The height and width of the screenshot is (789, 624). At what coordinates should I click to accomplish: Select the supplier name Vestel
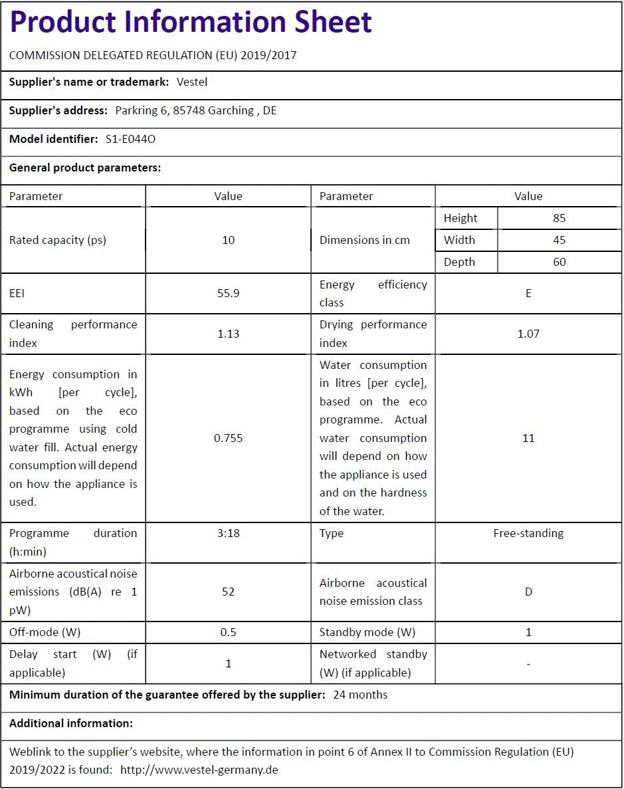tap(192, 82)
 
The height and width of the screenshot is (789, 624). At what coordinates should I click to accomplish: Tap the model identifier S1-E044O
tap(131, 139)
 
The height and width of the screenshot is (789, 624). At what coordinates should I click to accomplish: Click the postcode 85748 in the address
tap(189, 110)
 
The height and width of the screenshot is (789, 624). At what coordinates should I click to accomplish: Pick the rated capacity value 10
tap(228, 240)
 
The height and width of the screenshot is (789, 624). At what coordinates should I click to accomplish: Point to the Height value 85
tap(560, 218)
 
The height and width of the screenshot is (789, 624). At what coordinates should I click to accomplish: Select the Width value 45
tap(560, 240)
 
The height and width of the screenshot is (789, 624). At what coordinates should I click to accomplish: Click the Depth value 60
tap(560, 262)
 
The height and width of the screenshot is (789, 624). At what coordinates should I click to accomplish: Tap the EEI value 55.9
tap(228, 293)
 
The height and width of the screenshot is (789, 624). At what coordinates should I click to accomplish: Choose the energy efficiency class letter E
tap(528, 293)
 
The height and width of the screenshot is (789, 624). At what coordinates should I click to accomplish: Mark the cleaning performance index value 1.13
tap(228, 334)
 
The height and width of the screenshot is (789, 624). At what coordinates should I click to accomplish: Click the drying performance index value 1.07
tap(528, 334)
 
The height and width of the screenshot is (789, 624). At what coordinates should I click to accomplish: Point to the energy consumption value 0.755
tap(228, 438)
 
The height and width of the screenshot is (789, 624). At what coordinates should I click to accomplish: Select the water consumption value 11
tap(528, 438)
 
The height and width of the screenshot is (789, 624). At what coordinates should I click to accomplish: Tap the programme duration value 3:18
tap(228, 533)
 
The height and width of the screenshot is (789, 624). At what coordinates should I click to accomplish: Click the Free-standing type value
tap(528, 533)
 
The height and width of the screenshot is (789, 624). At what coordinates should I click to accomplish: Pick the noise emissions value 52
tap(228, 592)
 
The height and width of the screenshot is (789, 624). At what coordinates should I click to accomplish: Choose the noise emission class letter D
tap(528, 592)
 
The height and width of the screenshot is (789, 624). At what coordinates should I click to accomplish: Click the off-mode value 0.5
tap(228, 632)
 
